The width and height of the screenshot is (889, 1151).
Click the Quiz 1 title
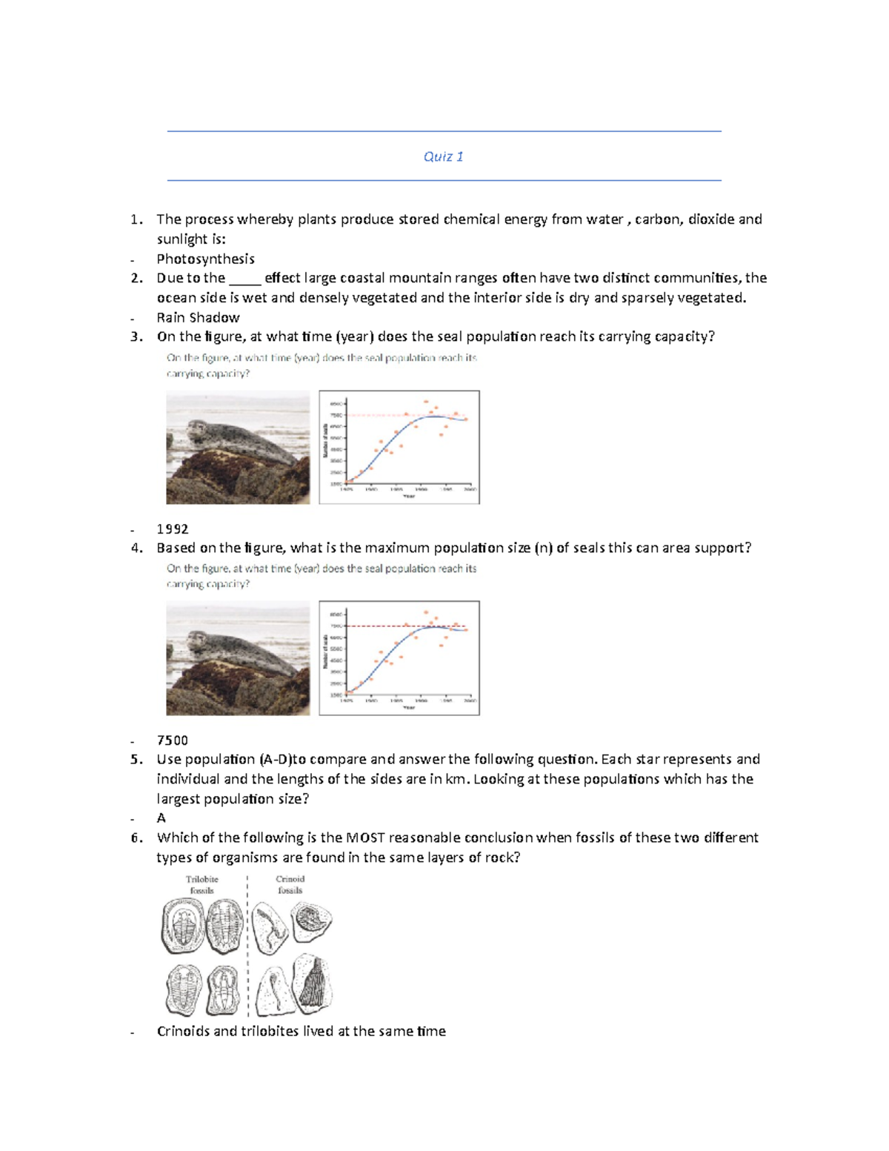point(443,156)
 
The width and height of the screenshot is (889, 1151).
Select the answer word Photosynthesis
point(205,259)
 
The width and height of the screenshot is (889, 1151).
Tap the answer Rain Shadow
point(198,317)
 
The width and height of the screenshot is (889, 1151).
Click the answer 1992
point(172,528)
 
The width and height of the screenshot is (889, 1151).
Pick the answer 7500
point(172,740)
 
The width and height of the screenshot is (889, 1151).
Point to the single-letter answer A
point(161,817)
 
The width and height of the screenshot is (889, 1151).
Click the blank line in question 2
point(244,279)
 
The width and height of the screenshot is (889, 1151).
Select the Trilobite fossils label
point(202,884)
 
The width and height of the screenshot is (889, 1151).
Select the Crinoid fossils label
point(290,884)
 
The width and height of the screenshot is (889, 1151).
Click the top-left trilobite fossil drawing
point(182,926)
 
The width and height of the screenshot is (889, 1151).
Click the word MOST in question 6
point(364,837)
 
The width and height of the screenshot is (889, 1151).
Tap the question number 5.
point(136,759)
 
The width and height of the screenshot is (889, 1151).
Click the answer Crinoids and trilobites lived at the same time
point(301,1031)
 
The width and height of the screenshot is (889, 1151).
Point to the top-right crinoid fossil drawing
point(312,921)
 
